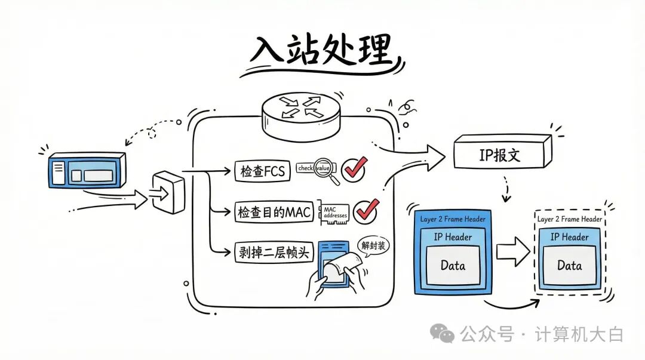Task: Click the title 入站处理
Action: tap(321, 50)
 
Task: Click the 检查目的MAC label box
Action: tap(274, 212)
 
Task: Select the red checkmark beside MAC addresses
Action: tap(365, 210)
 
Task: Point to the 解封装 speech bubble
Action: tap(374, 246)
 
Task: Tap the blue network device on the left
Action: tap(87, 173)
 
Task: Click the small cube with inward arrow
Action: tap(169, 191)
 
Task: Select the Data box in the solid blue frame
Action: tap(453, 266)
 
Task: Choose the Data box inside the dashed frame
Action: tap(569, 266)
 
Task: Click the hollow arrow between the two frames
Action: tap(513, 252)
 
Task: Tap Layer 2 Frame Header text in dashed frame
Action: tap(569, 219)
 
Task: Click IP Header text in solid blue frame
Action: tap(453, 237)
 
